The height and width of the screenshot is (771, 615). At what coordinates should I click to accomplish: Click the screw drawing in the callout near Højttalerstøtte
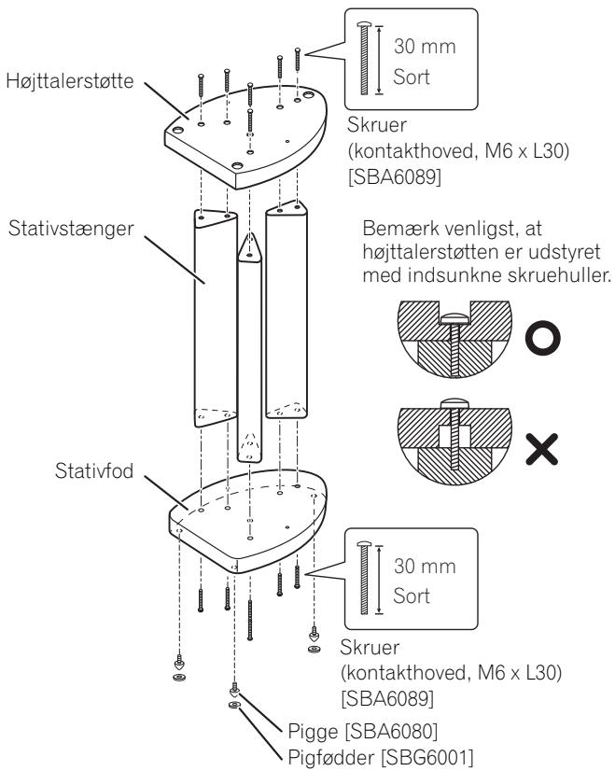pos(364,59)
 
